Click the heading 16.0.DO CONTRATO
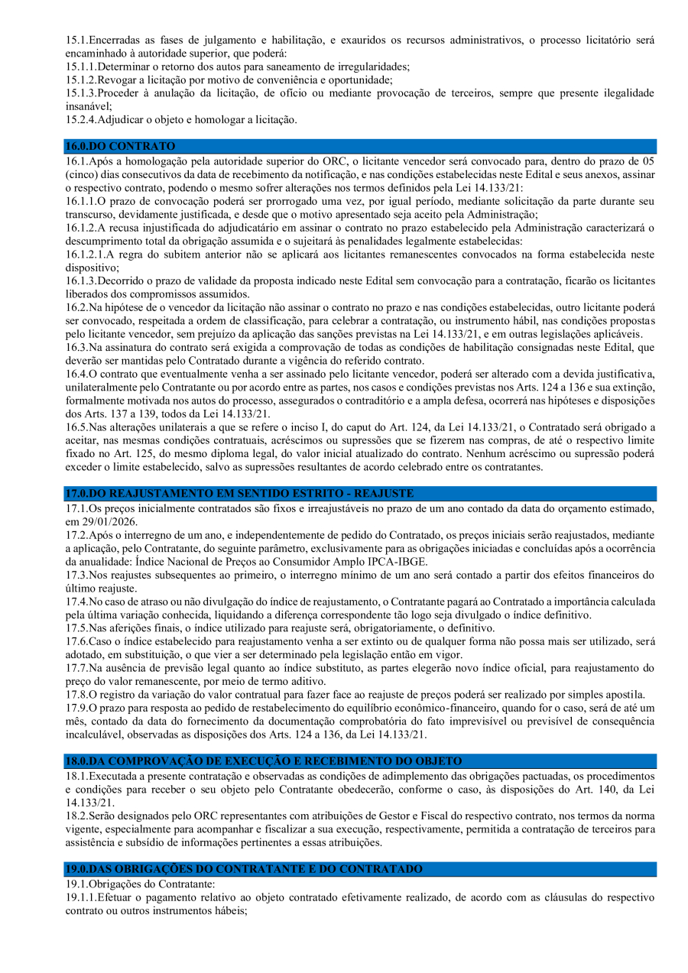pyautogui.click(x=120, y=146)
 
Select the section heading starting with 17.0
pyautogui.click(x=239, y=494)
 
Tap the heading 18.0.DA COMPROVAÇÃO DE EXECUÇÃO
pyautogui.click(x=264, y=761)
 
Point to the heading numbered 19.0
pyautogui.click(x=243, y=869)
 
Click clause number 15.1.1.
pyautogui.click(x=81, y=66)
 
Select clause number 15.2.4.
pyautogui.click(x=81, y=119)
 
